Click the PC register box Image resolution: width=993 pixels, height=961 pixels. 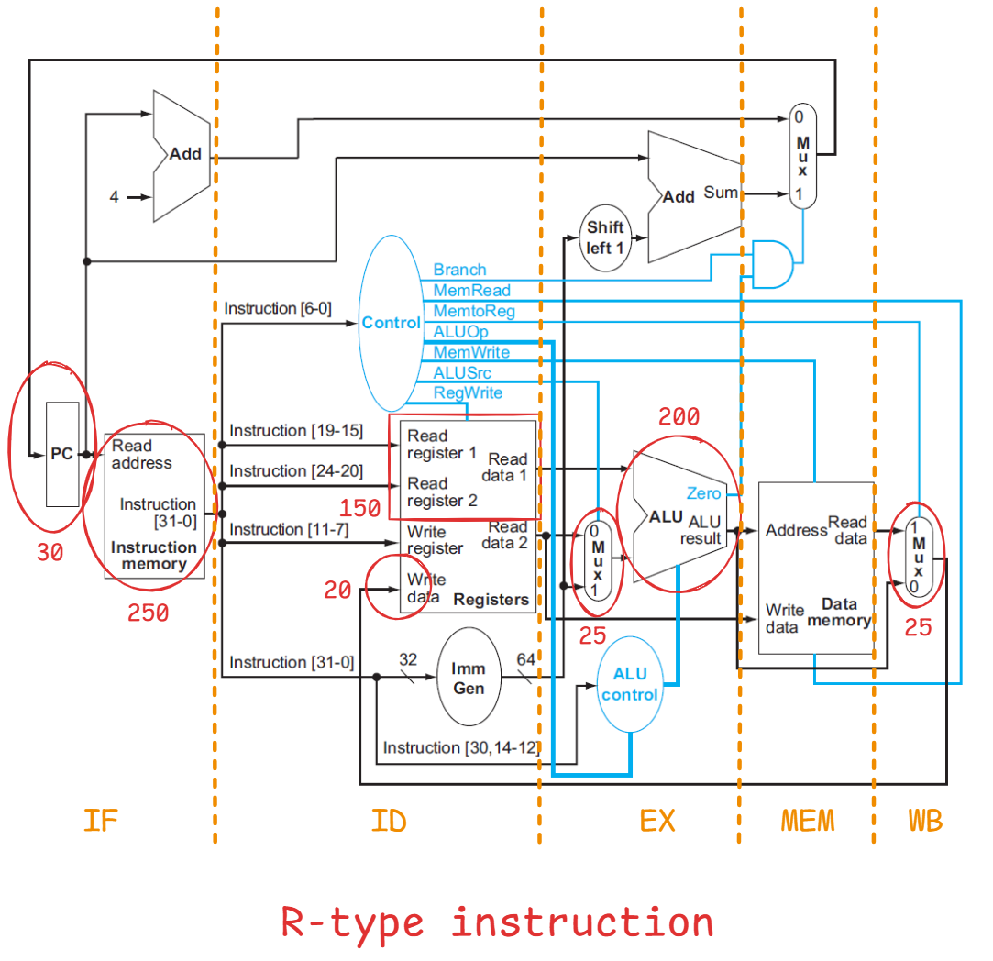(x=62, y=454)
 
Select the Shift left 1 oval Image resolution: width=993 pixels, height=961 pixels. (x=605, y=237)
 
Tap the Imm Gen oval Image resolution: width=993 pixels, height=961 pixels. (x=469, y=679)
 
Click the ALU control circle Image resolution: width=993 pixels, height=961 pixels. (x=630, y=684)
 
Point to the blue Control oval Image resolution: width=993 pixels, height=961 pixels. (x=391, y=323)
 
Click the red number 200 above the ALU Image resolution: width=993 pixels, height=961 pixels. (x=679, y=418)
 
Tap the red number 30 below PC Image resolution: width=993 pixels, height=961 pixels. (x=50, y=553)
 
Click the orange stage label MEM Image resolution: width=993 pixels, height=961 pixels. (x=808, y=821)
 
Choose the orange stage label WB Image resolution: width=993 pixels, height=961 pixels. (x=925, y=821)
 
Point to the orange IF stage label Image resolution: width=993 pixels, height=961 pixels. (x=100, y=821)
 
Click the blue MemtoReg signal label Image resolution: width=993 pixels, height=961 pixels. (x=474, y=311)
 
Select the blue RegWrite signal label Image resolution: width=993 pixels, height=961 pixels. (x=468, y=392)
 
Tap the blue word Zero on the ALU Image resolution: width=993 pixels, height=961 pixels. (x=703, y=493)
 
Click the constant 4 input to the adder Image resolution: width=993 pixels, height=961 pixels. (x=114, y=196)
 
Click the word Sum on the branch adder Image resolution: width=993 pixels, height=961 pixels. (x=721, y=193)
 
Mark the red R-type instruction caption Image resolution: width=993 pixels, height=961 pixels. (x=496, y=922)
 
